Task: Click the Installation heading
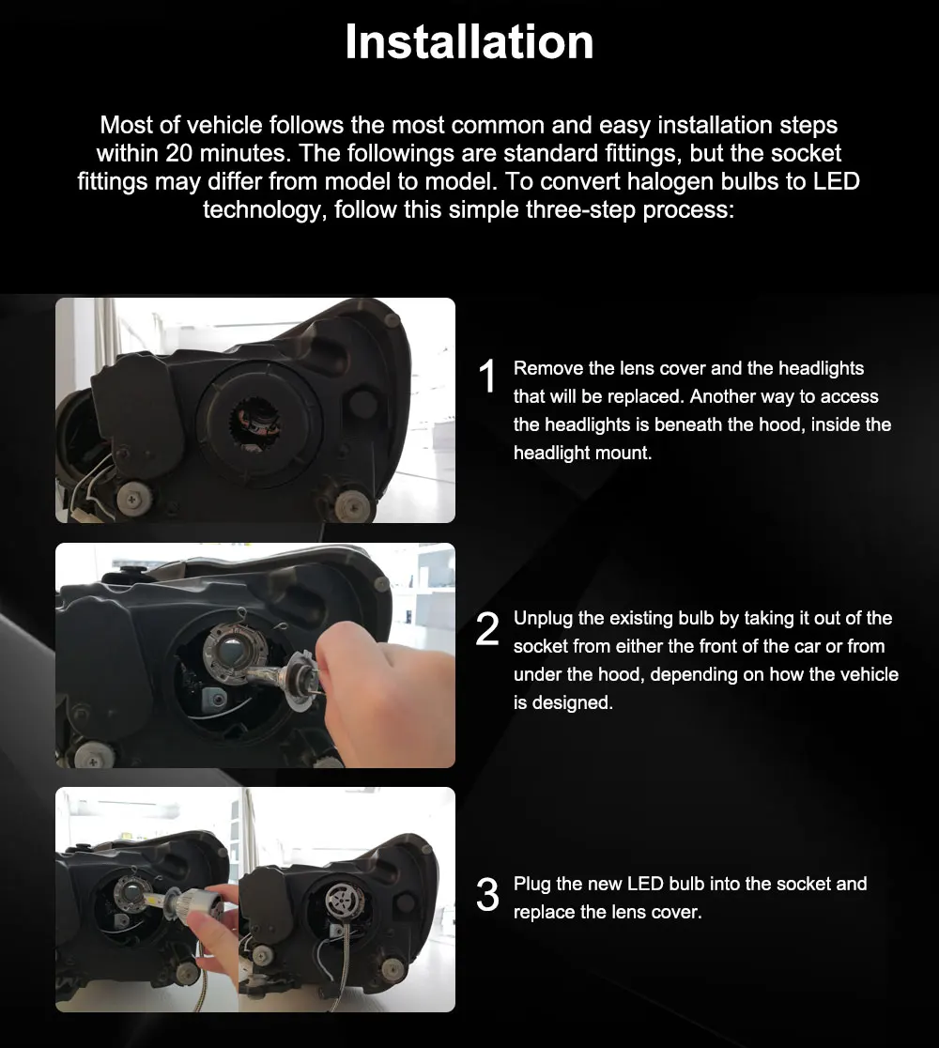469,42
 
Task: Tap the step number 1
487,376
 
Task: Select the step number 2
487,629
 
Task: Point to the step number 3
487,895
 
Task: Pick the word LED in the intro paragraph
836,181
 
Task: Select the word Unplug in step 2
543,619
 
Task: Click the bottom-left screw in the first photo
134,498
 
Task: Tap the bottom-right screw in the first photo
353,504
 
